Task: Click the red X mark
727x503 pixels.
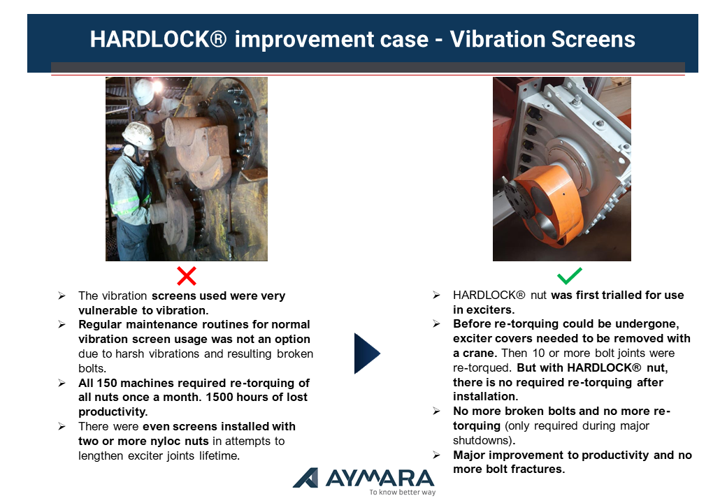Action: (187, 276)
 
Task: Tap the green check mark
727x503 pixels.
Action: (569, 275)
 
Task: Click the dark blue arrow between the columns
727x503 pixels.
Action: (367, 353)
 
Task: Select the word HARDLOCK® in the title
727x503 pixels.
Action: (158, 39)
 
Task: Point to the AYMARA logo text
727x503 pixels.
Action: (380, 478)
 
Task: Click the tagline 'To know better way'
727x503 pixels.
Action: (403, 492)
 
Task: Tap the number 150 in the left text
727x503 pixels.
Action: (107, 383)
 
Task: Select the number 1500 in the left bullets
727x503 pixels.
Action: (219, 398)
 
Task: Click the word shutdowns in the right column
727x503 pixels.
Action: (484, 440)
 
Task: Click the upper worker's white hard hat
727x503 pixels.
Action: (143, 92)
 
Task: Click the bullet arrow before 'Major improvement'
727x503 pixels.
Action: (436, 455)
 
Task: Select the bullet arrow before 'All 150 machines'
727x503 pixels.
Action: (62, 383)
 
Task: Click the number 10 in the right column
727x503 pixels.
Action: (538, 353)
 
